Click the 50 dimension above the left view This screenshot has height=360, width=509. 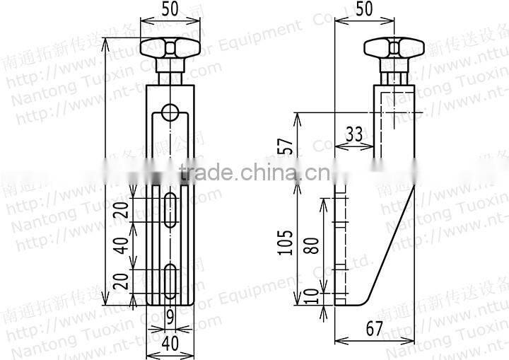170,11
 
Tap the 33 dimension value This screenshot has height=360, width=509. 354,134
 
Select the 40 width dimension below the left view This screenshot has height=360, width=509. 170,344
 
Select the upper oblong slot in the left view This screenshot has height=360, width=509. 170,209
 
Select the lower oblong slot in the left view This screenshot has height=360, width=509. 170,281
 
